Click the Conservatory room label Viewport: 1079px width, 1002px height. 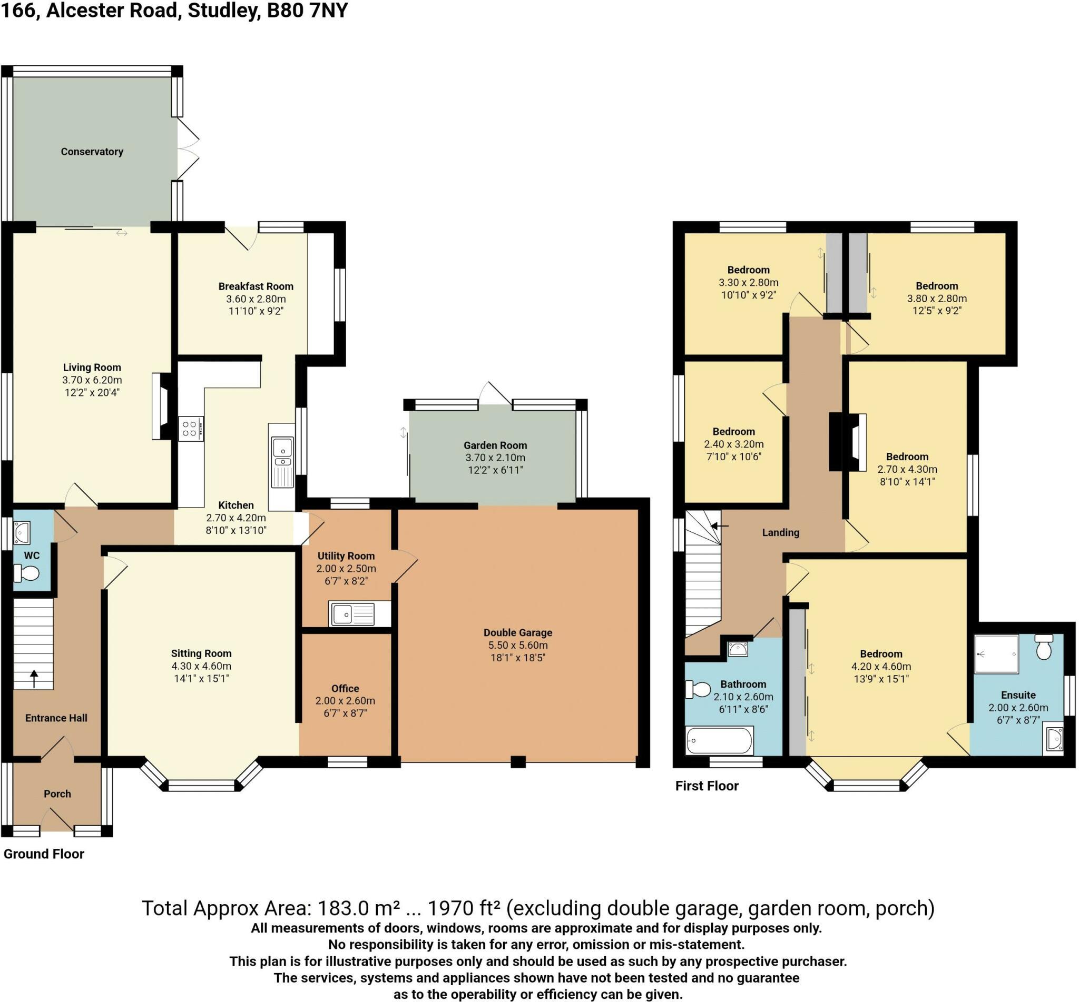point(92,152)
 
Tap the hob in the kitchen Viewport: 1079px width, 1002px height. point(191,429)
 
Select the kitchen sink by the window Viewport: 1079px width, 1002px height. point(282,462)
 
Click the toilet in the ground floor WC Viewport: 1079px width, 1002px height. point(26,572)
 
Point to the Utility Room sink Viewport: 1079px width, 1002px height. point(352,614)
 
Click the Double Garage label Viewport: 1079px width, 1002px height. point(517,633)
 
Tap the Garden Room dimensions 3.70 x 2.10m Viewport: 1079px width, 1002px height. point(495,458)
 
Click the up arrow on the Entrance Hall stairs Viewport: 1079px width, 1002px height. point(34,678)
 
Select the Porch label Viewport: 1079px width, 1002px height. point(57,794)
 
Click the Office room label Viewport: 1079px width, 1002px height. point(345,689)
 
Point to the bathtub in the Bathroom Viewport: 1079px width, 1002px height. point(719,741)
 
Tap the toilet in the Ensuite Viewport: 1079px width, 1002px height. point(1044,647)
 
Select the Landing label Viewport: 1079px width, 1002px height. point(780,532)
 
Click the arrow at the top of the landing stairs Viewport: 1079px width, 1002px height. point(719,525)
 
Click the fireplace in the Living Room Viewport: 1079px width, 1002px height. point(162,405)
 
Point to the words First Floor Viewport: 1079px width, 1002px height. point(707,786)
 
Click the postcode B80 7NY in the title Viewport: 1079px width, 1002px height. point(307,11)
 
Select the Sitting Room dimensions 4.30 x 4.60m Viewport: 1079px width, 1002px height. point(201,666)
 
